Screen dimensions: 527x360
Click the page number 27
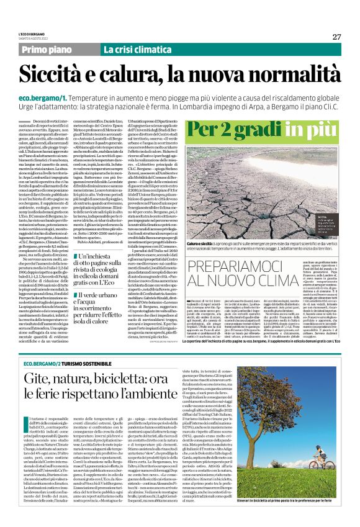click(337, 37)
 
